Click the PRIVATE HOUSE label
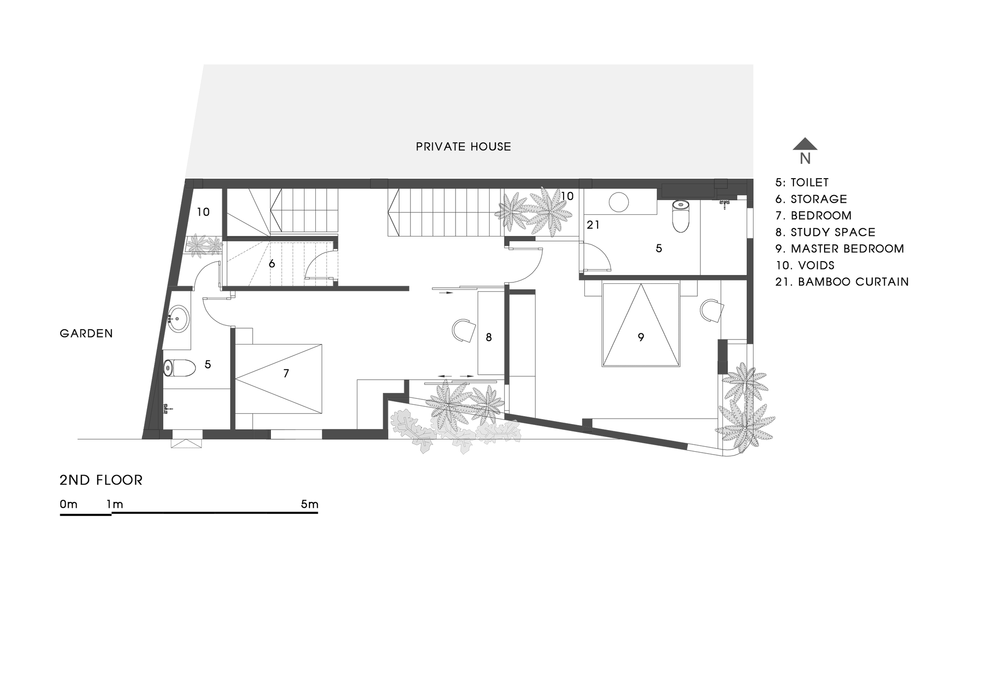point(463,147)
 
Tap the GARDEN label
point(86,334)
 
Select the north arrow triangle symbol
point(805,144)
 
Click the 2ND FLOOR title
point(101,480)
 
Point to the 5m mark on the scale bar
point(309,504)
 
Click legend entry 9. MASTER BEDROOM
point(840,249)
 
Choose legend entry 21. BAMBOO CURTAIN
point(842,282)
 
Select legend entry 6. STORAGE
point(811,199)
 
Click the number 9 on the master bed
point(641,338)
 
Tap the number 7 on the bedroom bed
point(286,374)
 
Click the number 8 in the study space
point(489,338)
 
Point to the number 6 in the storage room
point(271,264)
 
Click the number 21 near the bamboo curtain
point(593,225)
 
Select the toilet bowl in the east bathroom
point(681,217)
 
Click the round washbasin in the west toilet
point(178,319)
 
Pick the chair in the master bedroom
point(711,310)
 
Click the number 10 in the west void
point(203,212)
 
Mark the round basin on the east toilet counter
point(618,202)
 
